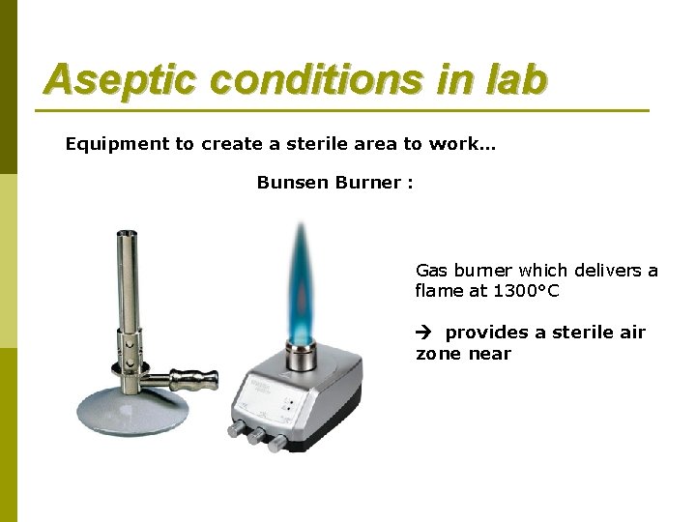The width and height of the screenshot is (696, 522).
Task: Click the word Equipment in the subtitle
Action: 115,144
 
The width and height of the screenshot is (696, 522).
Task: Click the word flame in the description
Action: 440,291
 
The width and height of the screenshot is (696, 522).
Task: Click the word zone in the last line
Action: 438,354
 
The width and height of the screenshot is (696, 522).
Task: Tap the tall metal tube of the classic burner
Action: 126,290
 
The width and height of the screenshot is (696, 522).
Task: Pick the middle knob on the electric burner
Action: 256,437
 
